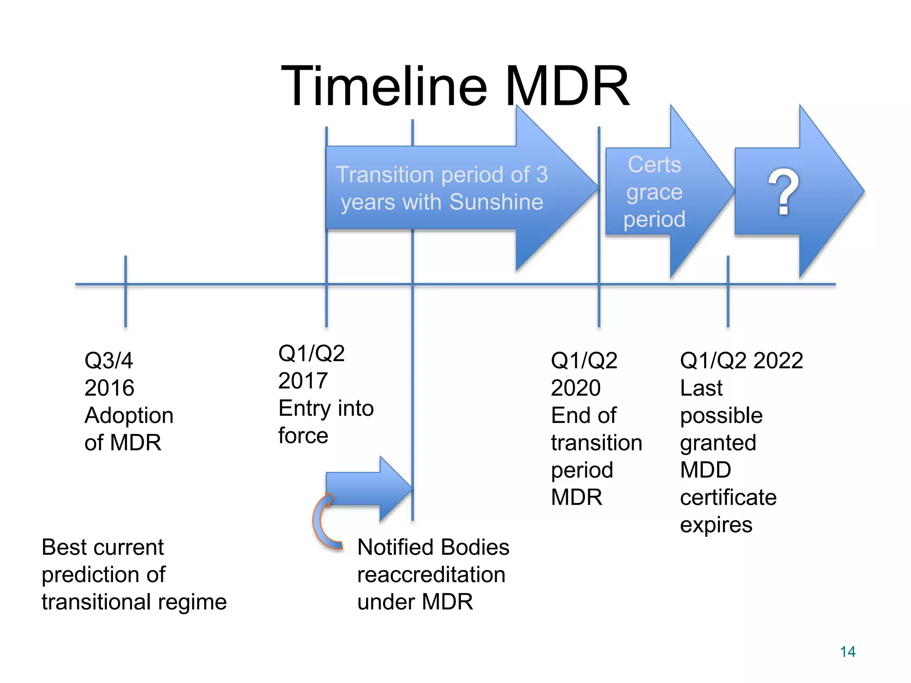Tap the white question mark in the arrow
click(783, 192)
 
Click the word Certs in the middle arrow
click(654, 165)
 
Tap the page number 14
click(847, 652)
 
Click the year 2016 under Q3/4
click(109, 388)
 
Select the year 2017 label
click(303, 381)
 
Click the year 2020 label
click(576, 388)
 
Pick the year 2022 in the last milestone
click(778, 360)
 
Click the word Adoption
click(129, 416)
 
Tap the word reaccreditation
click(431, 575)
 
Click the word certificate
click(728, 498)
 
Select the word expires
click(716, 525)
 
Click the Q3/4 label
click(109, 360)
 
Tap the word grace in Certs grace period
click(654, 193)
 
